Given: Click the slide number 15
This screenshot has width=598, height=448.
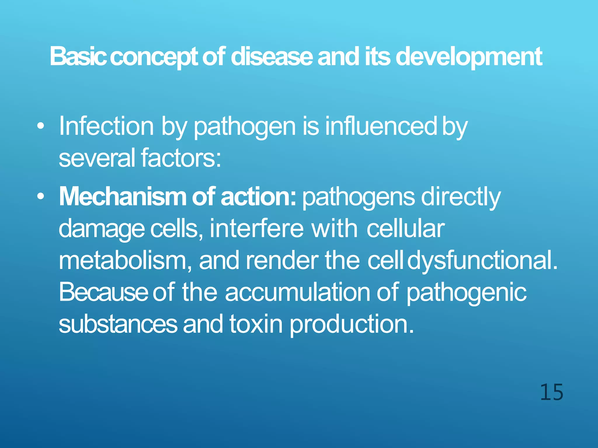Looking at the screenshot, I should pyautogui.click(x=551, y=392).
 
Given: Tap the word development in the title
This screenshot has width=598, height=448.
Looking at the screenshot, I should pyautogui.click(x=469, y=57).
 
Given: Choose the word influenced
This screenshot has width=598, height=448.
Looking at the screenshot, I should pyautogui.click(x=381, y=126).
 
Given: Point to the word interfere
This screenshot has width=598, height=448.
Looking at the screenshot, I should pyautogui.click(x=256, y=229).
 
